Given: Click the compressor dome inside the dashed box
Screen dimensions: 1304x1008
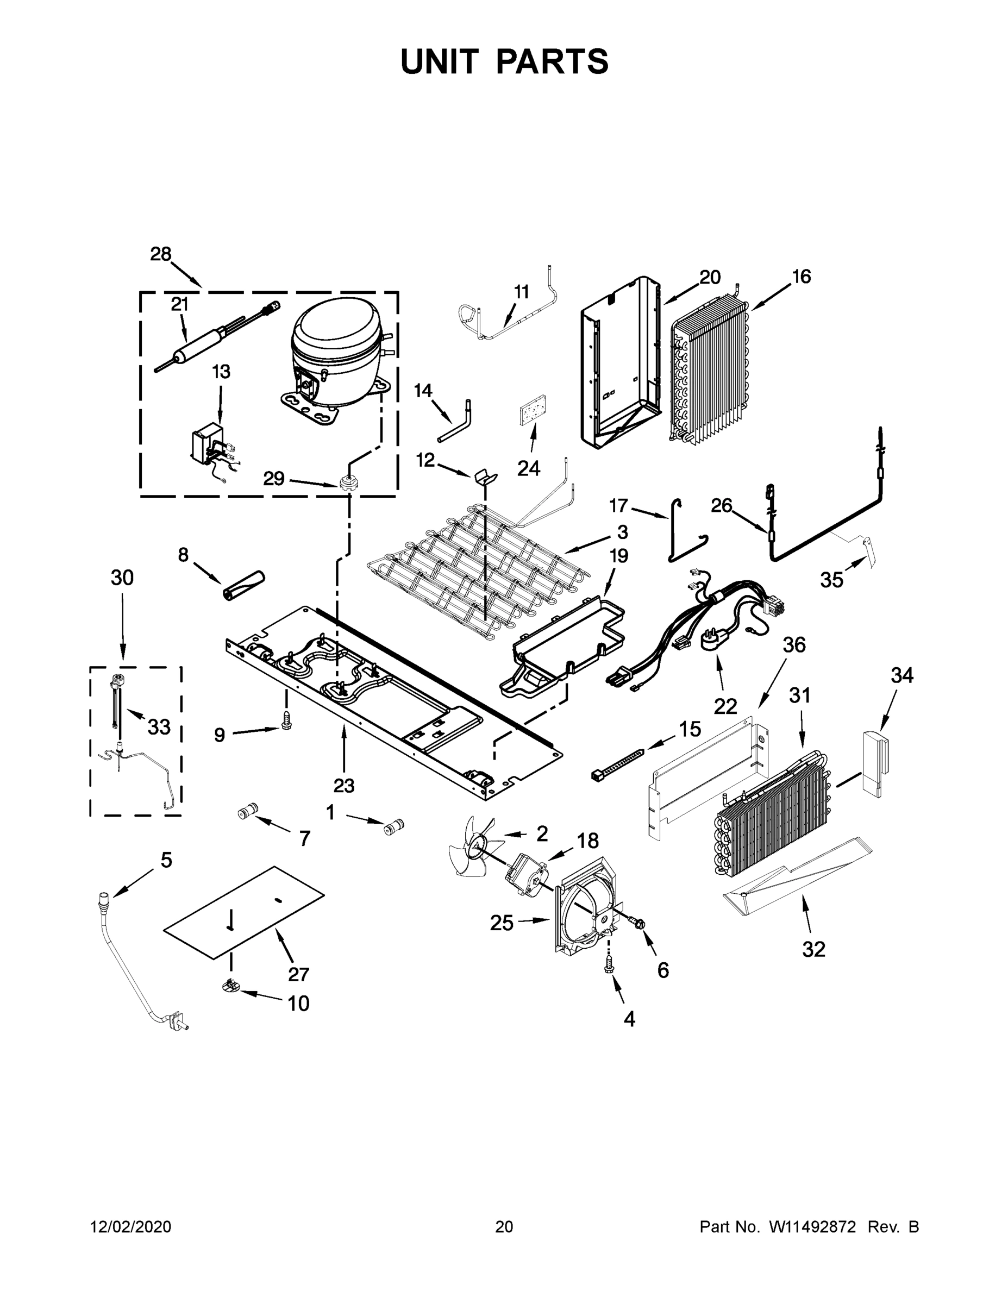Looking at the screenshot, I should pyautogui.click(x=334, y=343).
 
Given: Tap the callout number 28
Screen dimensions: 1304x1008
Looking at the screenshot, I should pyautogui.click(x=161, y=254).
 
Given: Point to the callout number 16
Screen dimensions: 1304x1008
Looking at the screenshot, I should pyautogui.click(x=802, y=277).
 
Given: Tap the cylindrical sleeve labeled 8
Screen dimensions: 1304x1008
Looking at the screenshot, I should pyautogui.click(x=243, y=585).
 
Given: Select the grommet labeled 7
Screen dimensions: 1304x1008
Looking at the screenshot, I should pyautogui.click(x=247, y=813).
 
